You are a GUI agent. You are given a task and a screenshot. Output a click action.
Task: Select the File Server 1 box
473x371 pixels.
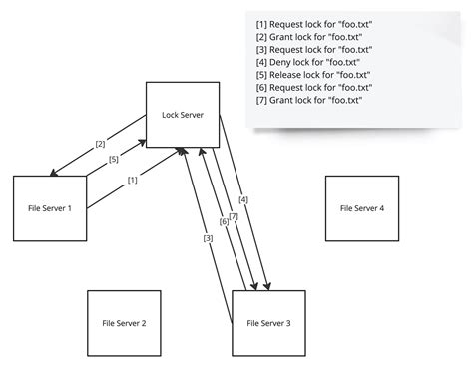[50, 208]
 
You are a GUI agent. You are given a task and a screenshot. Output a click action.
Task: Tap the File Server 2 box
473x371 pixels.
[124, 323]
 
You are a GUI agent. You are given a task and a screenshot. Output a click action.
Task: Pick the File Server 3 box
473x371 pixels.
[268, 323]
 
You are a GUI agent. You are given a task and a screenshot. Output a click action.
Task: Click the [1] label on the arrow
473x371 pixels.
[132, 180]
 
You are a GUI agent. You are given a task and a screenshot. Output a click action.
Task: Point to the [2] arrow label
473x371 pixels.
[100, 144]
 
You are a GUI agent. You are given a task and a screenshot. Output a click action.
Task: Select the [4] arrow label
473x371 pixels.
[243, 200]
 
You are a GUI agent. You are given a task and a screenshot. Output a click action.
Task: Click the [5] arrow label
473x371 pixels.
[113, 159]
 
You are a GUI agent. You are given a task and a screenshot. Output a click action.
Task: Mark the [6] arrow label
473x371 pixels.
[224, 221]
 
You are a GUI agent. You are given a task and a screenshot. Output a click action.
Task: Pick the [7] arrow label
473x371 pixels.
[234, 215]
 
